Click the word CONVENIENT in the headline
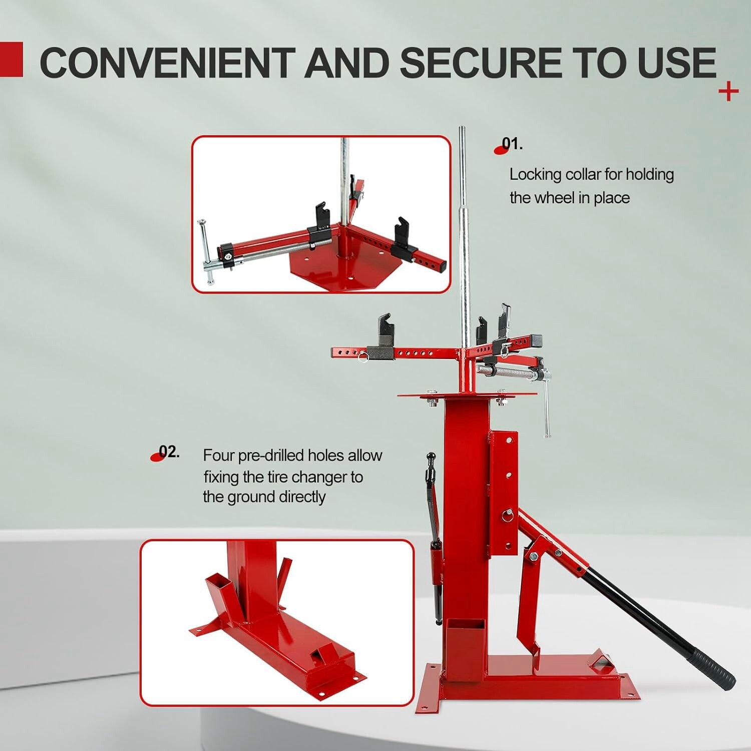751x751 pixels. tap(168, 63)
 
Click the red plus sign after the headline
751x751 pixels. tap(728, 92)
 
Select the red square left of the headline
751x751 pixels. tap(12, 60)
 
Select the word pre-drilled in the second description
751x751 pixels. tap(270, 456)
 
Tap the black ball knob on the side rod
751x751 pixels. tap(431, 456)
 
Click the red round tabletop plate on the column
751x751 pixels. tap(466, 396)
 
